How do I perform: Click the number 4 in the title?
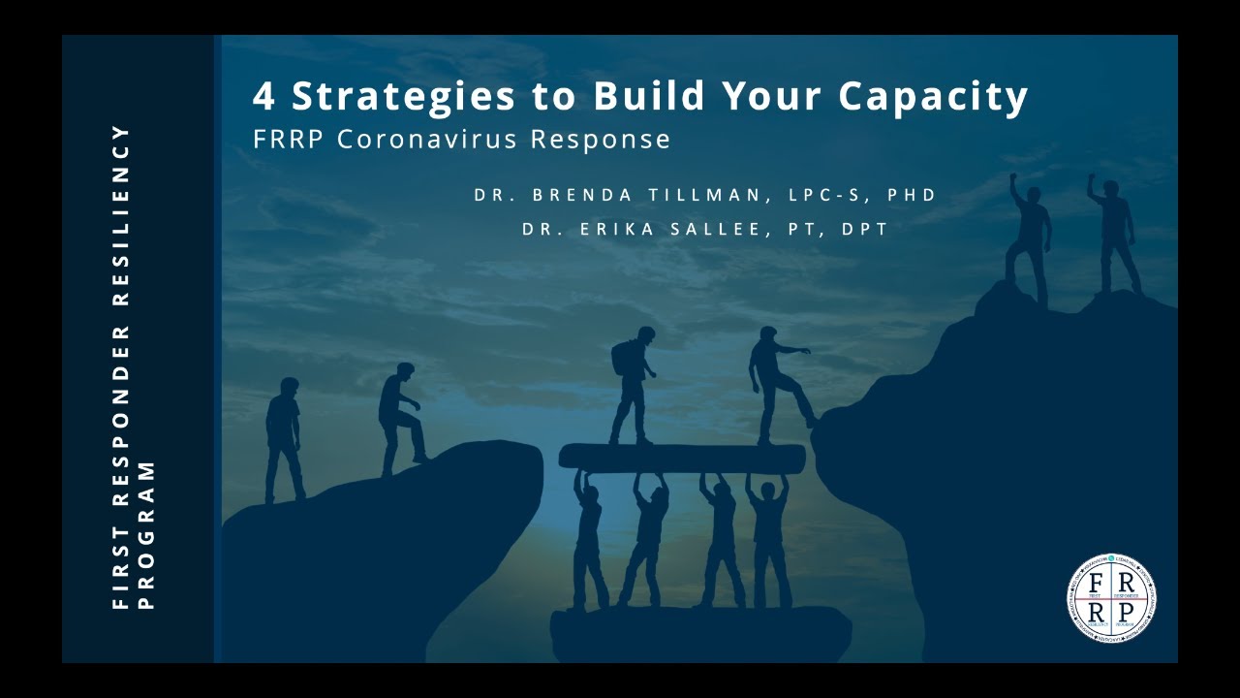click(263, 96)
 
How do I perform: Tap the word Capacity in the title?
click(933, 96)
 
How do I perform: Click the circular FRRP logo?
click(1111, 597)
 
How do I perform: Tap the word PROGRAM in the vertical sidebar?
click(146, 534)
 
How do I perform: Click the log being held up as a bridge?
click(682, 459)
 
